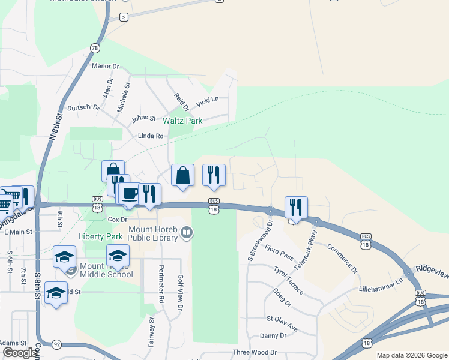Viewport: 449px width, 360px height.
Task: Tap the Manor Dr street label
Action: click(x=106, y=66)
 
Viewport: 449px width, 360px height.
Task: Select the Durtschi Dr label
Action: click(x=83, y=107)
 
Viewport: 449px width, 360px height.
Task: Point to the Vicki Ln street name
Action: click(x=207, y=100)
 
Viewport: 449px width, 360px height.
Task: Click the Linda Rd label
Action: click(x=151, y=136)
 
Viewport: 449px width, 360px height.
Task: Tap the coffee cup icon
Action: click(x=130, y=194)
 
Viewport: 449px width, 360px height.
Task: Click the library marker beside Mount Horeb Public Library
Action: click(x=187, y=232)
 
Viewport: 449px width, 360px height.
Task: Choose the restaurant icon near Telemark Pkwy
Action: click(x=296, y=207)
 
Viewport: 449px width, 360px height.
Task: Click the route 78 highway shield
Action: click(x=95, y=47)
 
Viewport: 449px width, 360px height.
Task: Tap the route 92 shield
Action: click(x=56, y=344)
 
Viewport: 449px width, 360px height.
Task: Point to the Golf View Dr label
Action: click(x=180, y=293)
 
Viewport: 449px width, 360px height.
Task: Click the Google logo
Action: click(x=19, y=353)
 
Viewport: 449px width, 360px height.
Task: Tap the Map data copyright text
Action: click(x=411, y=355)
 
